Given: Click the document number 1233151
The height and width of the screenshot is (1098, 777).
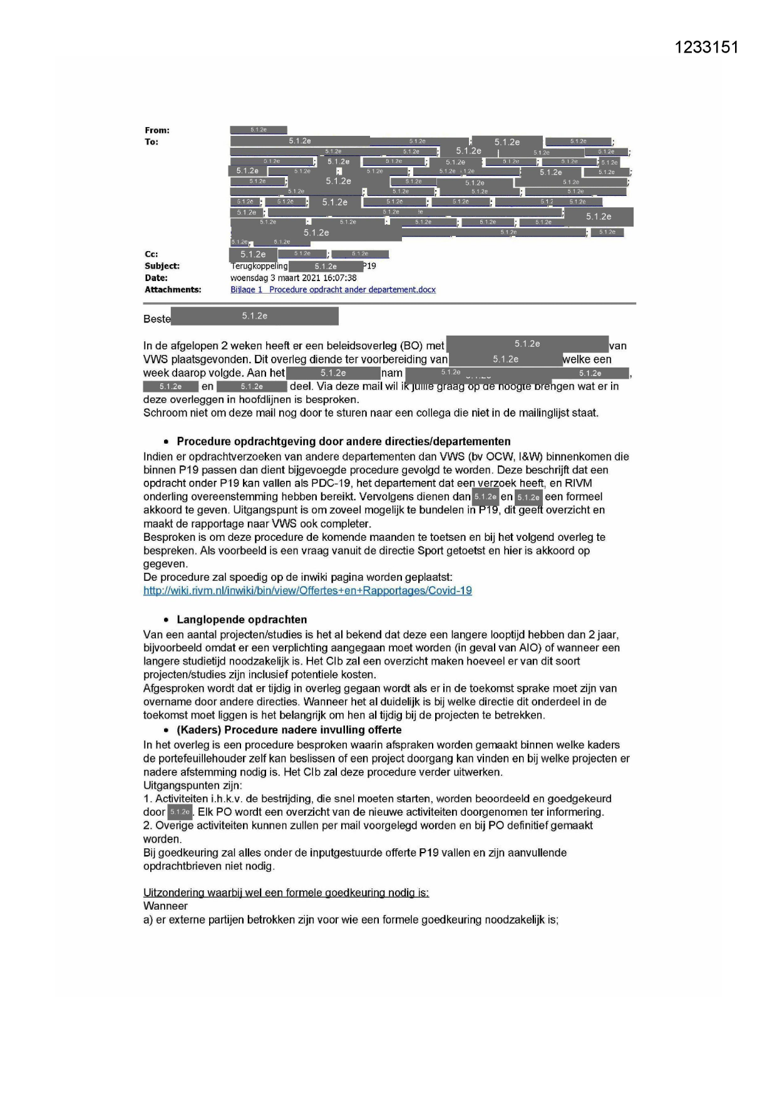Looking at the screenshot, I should (707, 48).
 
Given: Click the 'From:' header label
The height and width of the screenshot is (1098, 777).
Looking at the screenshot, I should (157, 130).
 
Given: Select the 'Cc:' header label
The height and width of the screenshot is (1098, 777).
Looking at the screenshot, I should (152, 254).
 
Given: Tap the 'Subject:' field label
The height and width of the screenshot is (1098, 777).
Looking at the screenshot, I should (162, 266).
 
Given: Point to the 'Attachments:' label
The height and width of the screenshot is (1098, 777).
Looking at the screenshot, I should (173, 290).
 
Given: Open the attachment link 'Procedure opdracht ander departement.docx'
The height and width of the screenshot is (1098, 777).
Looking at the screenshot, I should (333, 290).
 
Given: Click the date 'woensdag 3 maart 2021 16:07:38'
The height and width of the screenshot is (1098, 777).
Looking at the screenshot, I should (293, 278).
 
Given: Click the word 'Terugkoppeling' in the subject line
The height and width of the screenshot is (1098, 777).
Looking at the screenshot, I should (259, 266).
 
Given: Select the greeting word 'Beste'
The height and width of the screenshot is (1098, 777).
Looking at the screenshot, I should (157, 319).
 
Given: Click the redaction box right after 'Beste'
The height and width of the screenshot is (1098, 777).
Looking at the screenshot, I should (255, 316).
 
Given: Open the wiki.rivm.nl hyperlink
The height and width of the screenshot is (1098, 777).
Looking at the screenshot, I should (307, 590).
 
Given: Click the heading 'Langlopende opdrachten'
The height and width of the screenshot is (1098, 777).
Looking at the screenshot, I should (242, 620).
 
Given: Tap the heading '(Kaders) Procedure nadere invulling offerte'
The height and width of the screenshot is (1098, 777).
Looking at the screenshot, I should (289, 730).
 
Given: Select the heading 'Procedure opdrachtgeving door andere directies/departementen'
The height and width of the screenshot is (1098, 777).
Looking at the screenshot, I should (343, 441).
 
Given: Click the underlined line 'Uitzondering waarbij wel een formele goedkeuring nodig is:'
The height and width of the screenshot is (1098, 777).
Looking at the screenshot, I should (286, 893).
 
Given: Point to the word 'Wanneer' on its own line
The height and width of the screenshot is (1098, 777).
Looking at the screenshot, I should (165, 906).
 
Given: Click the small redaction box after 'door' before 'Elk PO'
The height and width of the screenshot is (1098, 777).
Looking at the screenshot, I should (180, 812).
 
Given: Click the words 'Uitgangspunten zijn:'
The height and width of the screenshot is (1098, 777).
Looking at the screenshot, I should (192, 785).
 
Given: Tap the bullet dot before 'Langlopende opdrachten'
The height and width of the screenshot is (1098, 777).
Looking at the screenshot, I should (167, 620).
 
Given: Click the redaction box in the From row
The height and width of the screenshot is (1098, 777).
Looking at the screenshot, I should (259, 130).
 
